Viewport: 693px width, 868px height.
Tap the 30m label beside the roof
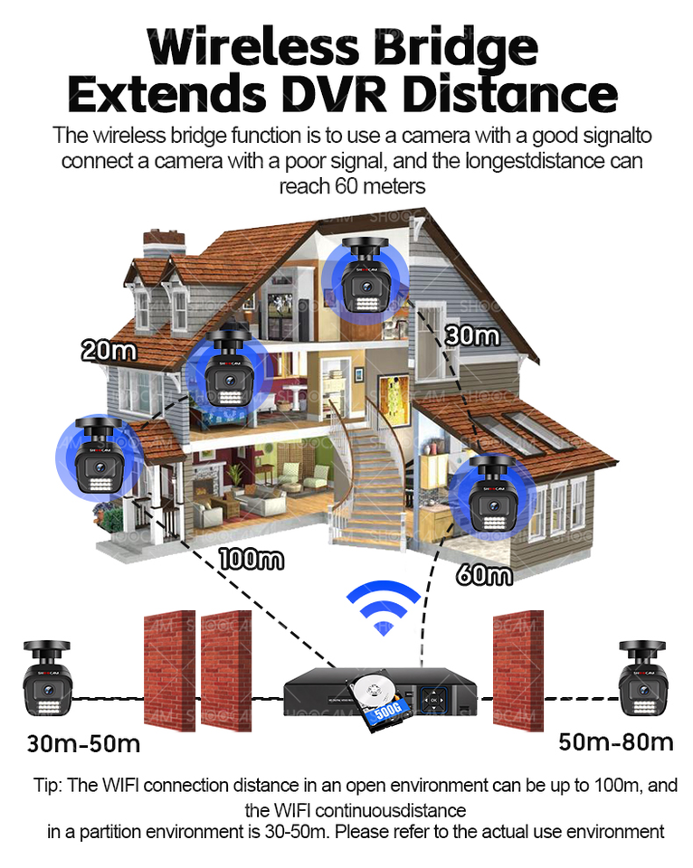(471, 335)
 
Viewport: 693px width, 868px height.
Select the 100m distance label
(252, 559)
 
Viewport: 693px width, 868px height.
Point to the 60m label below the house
(484, 574)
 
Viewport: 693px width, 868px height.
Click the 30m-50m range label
(83, 744)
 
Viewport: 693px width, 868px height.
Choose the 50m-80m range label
(615, 742)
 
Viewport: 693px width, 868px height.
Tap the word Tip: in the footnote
(47, 785)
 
